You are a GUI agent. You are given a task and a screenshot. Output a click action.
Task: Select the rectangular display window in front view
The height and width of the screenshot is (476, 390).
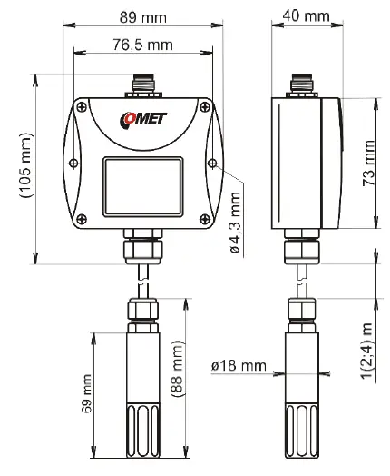[142, 180]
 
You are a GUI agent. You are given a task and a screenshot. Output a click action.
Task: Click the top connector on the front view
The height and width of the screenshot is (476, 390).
[142, 84]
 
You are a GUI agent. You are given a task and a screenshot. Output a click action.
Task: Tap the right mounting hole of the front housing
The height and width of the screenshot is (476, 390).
[212, 164]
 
